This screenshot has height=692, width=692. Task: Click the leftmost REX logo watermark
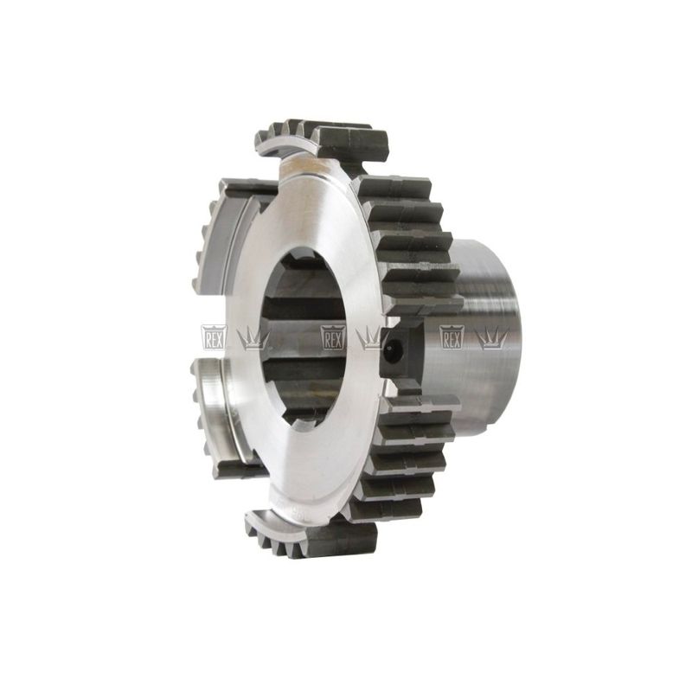[x=214, y=337]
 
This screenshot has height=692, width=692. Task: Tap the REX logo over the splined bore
[x=333, y=337]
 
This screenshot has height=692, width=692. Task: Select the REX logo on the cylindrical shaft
[x=452, y=337]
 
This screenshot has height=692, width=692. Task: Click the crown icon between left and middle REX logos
[x=253, y=339]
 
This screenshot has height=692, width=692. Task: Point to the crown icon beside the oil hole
[x=373, y=339]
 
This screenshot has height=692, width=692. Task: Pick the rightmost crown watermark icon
[x=491, y=339]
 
